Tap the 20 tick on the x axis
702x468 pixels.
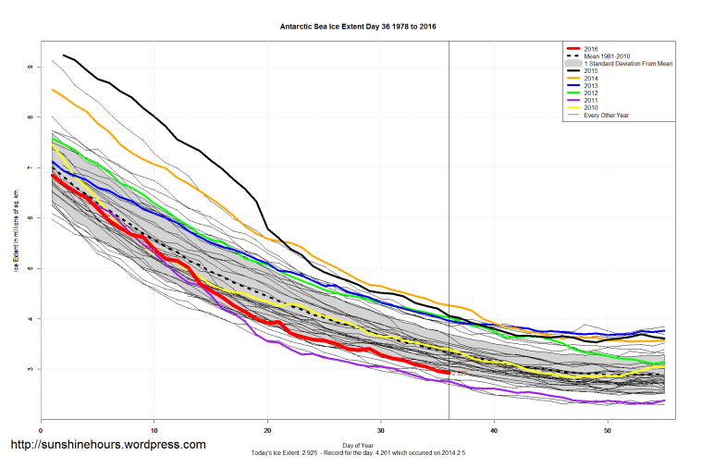pyautogui.click(x=267, y=430)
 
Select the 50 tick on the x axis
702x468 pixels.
pyautogui.click(x=607, y=430)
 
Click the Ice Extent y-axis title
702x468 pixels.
pyautogui.click(x=16, y=231)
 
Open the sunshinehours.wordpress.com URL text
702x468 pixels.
pyautogui.click(x=107, y=445)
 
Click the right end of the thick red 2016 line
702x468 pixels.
pyautogui.click(x=449, y=373)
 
